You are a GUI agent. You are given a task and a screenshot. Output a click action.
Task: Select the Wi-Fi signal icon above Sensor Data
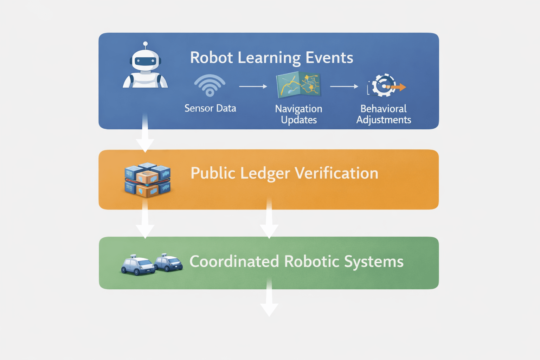pos(210,85)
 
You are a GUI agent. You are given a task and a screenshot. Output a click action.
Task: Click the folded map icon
pos(298,85)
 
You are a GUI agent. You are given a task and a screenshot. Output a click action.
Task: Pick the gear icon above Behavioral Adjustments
pos(383,85)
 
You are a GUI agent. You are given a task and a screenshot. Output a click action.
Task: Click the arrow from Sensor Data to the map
pos(253,86)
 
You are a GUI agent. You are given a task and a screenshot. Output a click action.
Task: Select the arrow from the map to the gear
pos(344,86)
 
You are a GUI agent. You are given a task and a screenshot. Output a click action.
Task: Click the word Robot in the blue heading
pos(211,58)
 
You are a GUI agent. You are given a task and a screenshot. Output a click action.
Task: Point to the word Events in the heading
pos(329,58)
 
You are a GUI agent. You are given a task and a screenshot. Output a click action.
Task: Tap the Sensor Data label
pos(210,108)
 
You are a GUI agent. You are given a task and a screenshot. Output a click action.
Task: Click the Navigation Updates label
pos(298,114)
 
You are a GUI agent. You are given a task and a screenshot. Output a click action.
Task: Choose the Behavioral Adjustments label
pos(384,114)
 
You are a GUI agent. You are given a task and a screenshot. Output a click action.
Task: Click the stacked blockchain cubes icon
pos(147,179)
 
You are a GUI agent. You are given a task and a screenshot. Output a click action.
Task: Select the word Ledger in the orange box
pos(265,173)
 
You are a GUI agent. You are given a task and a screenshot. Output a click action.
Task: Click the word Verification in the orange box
pos(336,173)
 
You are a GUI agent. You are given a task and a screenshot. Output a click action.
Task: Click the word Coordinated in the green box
pos(234,262)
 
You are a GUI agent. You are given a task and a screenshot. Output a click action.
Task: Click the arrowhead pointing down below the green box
pos(269,310)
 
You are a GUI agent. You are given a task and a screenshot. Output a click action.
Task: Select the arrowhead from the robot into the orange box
pos(145,145)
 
